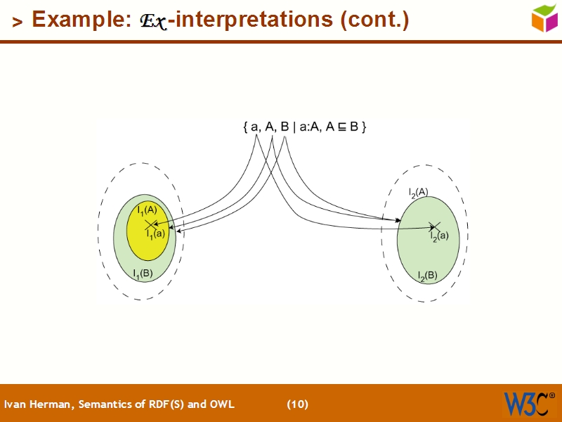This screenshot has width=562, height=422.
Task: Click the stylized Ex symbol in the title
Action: tap(152, 21)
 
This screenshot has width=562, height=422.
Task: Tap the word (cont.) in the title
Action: tap(374, 20)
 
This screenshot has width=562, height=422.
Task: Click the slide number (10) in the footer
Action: tap(297, 404)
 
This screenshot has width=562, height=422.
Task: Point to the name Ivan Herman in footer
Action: tap(39, 404)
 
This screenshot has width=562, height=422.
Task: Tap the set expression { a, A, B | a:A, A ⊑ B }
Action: tap(304, 127)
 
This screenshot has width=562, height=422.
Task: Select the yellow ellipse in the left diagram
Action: tap(148, 243)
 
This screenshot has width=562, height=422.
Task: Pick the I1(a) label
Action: tap(155, 234)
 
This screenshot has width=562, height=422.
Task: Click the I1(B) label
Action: tap(143, 273)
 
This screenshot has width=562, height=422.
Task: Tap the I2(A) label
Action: tap(419, 191)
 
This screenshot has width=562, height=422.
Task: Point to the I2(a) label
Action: tap(439, 237)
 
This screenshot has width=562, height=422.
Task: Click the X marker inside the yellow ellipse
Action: tap(149, 225)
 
